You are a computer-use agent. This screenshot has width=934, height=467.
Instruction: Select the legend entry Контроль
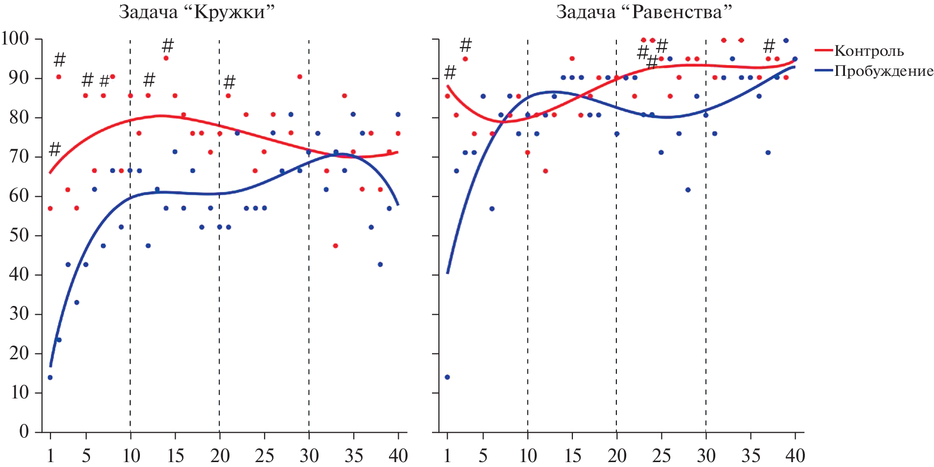pos(868,51)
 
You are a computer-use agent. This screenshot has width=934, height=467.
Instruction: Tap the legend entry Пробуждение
pos(883,71)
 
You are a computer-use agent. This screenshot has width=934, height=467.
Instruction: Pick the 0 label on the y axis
pos(23,431)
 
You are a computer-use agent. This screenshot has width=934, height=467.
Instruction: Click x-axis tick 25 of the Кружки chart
pos(264,456)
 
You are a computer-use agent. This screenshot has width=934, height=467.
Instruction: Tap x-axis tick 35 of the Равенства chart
pos(751,456)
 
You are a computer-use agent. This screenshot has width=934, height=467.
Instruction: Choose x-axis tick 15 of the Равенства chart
pos(572,456)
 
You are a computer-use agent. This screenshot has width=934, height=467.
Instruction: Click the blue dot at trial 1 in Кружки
pos(50,377)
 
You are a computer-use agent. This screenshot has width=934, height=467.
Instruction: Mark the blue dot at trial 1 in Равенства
pos(447,377)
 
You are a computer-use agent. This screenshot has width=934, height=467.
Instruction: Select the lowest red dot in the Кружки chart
pos(335,246)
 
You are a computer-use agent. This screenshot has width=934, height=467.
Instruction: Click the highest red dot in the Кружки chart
pos(166,58)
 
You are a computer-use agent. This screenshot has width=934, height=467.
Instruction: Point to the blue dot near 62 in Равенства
pos(688,190)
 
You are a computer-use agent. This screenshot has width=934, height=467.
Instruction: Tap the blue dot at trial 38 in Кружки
pos(380,264)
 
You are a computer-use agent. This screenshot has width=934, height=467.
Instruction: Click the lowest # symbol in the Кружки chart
pos(55,149)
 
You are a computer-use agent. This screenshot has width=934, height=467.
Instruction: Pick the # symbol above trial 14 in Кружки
pos(168,46)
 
